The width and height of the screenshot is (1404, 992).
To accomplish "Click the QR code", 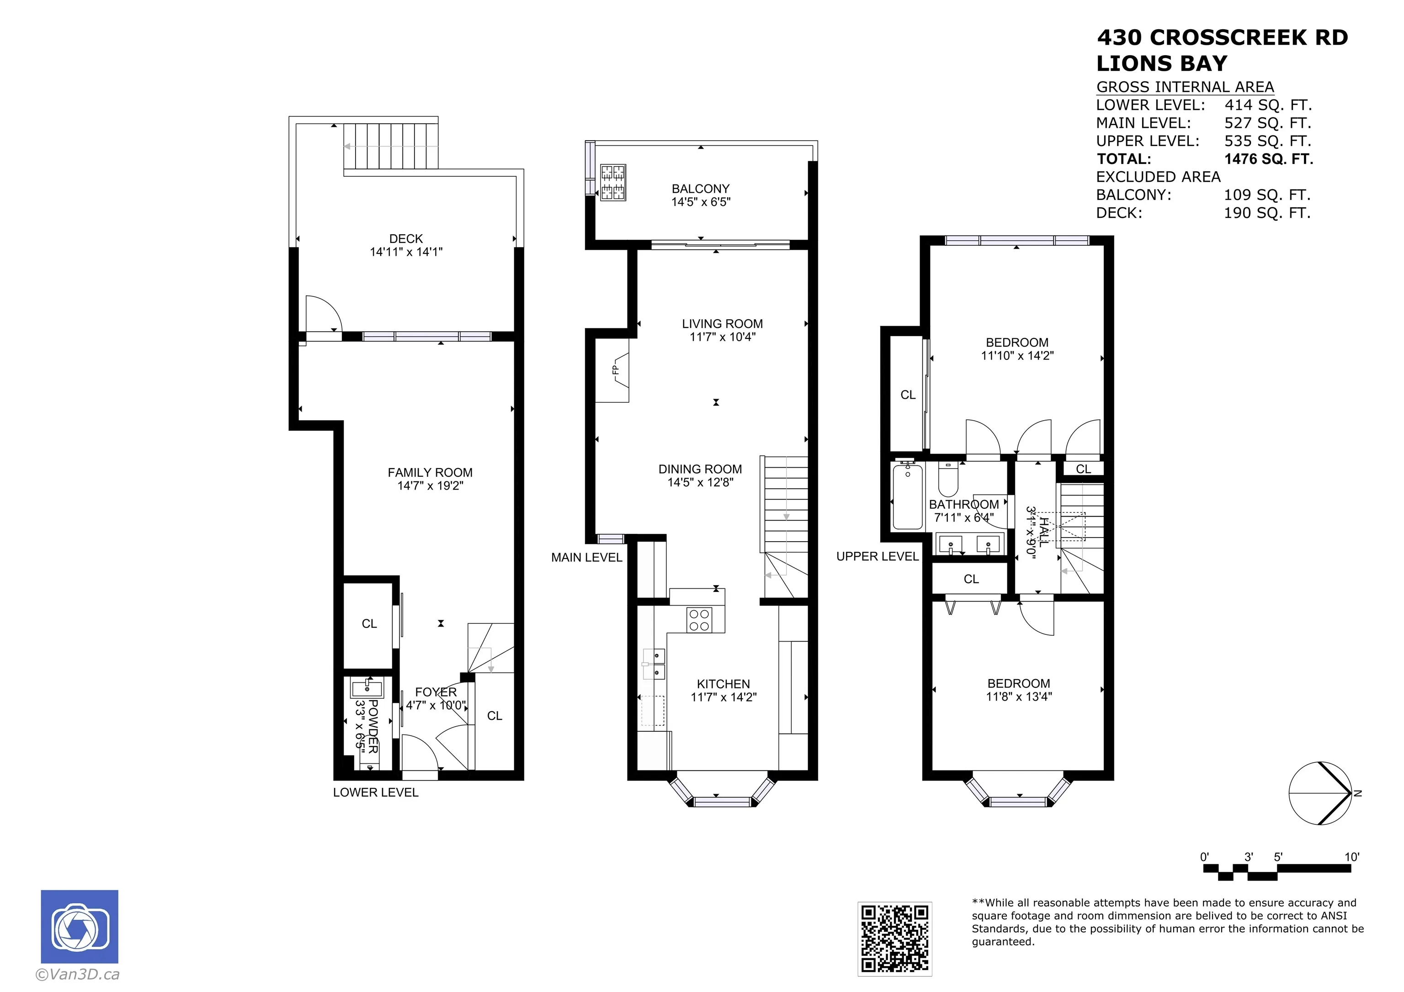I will click(x=894, y=938).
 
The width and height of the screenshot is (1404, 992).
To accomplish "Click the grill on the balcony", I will click(x=613, y=182).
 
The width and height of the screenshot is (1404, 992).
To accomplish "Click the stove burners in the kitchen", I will click(x=699, y=620).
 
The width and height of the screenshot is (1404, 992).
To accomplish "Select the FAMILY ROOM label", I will click(x=430, y=472).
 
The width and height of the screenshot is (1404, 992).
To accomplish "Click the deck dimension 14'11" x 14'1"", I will click(x=406, y=252).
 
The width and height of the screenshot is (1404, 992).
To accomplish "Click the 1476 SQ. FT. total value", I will click(x=1269, y=159).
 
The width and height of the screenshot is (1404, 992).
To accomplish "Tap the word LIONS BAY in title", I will click(x=1162, y=63).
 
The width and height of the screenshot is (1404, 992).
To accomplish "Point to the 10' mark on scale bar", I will click(x=1351, y=857).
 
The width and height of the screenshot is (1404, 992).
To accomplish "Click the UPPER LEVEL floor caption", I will click(x=877, y=557).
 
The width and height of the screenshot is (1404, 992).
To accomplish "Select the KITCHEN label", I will click(x=723, y=684).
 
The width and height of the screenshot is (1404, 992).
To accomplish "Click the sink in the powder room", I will click(x=367, y=689).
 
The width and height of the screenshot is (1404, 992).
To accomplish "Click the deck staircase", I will click(x=391, y=146).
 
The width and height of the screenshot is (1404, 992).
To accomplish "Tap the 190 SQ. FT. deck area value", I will click(x=1267, y=213).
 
